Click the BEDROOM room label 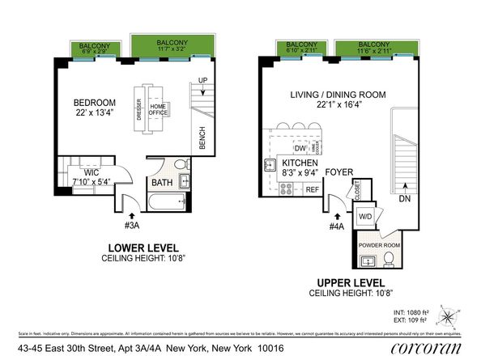point(95,103)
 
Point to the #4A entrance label point(336,227)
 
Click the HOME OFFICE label point(158,109)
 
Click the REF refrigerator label point(311,189)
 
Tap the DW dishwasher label point(300,149)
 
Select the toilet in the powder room point(389,260)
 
